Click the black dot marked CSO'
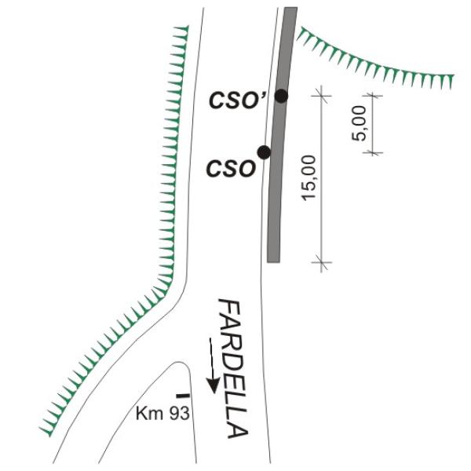[281, 96]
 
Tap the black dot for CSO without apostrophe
[264, 152]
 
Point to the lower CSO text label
[231, 167]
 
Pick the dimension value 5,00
[360, 124]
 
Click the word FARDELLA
[233, 369]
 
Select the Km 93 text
[163, 414]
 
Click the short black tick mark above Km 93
[181, 396]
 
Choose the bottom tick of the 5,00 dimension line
[372, 152]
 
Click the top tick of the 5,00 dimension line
[372, 95]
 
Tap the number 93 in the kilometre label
[178, 414]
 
